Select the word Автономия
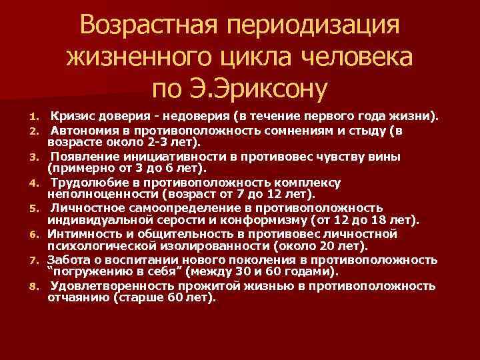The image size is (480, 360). coord(83,131)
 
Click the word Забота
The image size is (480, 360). coord(70,260)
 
